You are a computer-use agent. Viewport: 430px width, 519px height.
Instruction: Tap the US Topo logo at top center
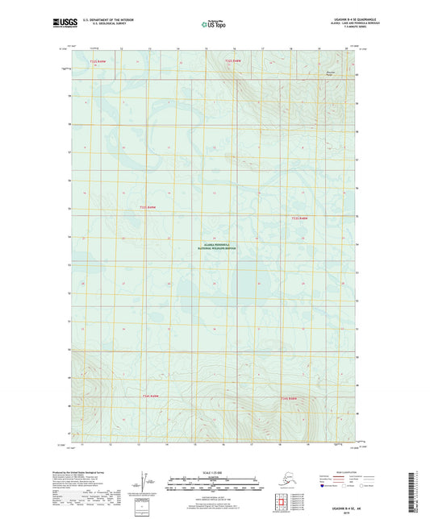click(214, 25)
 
